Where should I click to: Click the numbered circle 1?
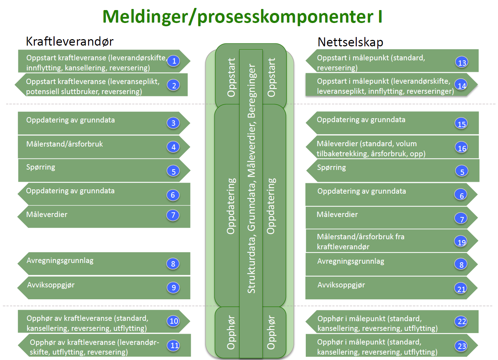click(x=174, y=61)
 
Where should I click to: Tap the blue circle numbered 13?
click(x=462, y=63)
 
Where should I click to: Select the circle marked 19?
click(x=461, y=242)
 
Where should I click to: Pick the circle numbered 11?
click(x=174, y=345)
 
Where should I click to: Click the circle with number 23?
click(x=462, y=346)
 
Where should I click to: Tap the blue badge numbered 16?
click(x=462, y=148)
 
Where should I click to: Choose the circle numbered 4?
click(x=174, y=147)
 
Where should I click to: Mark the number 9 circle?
click(x=174, y=287)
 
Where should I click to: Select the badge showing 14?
click(x=462, y=86)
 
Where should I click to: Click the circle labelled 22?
click(x=462, y=321)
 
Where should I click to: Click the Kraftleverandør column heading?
click(x=70, y=42)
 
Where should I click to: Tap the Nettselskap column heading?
click(x=350, y=42)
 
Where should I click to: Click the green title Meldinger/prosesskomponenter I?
click(x=242, y=17)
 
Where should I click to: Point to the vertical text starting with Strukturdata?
click(x=251, y=179)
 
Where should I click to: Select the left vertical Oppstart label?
click(x=231, y=77)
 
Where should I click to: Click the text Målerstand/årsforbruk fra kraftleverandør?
click(x=360, y=241)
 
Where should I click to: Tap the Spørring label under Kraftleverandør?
click(x=41, y=167)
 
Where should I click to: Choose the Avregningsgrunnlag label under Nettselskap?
click(x=350, y=261)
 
